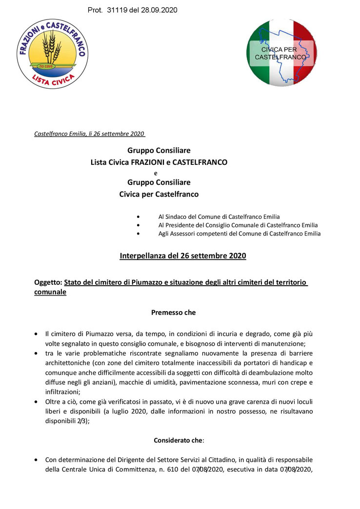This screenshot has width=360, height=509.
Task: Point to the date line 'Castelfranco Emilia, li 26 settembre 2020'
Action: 90,134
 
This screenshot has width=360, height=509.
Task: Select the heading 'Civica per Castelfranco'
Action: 159,194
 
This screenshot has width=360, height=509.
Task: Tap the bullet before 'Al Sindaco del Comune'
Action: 140,216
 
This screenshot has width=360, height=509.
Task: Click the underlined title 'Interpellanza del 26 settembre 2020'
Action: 183,255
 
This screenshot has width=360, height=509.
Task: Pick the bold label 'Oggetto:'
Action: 48,282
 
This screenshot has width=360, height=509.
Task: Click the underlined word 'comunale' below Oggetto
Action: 50,292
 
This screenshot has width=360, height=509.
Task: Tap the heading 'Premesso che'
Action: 173,313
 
